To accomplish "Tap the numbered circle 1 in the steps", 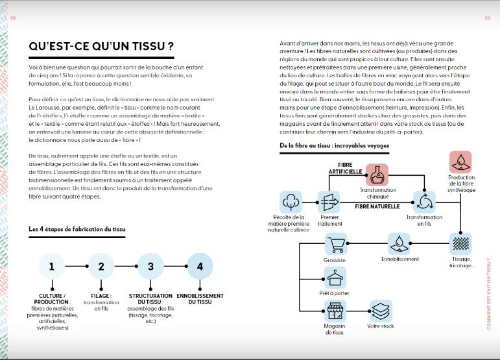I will point(52,266).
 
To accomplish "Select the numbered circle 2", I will point(101,266).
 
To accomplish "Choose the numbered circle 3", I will point(150,266).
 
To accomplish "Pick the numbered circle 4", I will point(200,266).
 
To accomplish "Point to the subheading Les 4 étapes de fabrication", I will point(77,229).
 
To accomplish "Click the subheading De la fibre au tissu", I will point(334,145).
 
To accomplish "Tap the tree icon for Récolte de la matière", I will point(291,202).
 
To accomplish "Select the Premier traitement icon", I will point(329,202).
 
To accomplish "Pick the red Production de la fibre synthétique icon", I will point(460,162).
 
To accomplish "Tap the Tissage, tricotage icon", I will point(460,244).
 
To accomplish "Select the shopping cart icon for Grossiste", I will point(335,244).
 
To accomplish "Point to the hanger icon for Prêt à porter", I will point(335,278).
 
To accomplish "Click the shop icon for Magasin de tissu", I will point(335,312).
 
